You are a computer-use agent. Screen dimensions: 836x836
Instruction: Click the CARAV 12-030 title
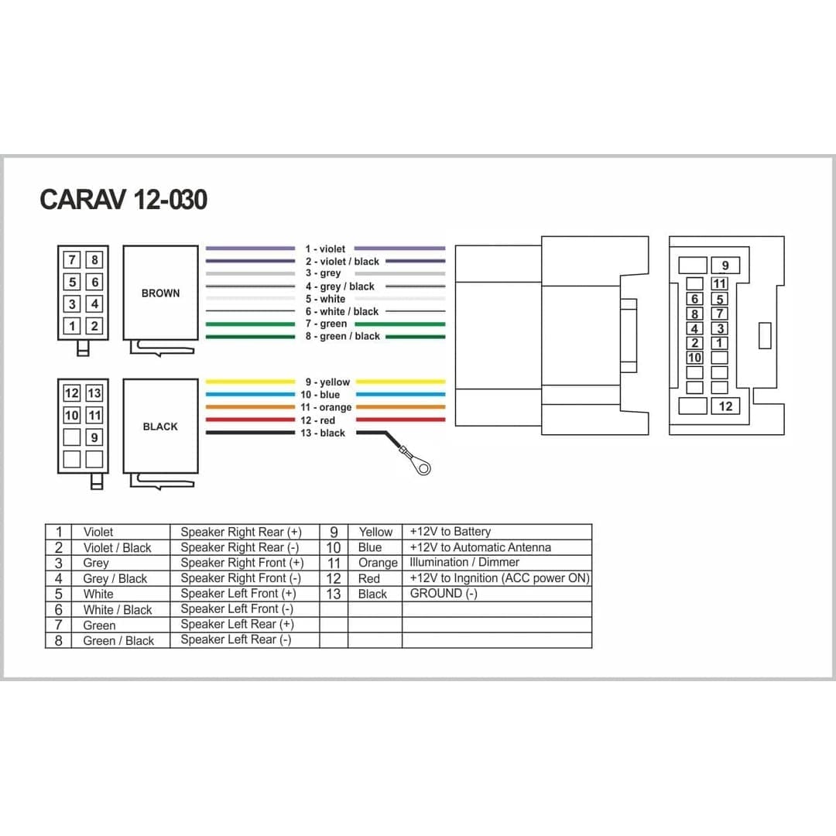tap(123, 200)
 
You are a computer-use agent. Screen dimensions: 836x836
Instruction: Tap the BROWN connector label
tap(160, 293)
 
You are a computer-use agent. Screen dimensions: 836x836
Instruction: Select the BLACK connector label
tap(160, 427)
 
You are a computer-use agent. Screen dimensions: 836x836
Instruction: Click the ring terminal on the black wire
tap(423, 467)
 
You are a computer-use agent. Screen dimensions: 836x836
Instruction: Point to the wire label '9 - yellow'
tap(327, 382)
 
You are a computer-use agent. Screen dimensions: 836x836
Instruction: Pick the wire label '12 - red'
tap(318, 420)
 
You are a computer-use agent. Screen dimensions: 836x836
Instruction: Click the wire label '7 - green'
tap(326, 324)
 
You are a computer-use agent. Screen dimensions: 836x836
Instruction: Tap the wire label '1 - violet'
tap(325, 249)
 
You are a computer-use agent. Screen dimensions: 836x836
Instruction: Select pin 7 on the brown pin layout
tap(72, 259)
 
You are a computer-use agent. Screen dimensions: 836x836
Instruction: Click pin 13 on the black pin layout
tap(94, 393)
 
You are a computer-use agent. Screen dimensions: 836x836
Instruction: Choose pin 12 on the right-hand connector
tap(725, 406)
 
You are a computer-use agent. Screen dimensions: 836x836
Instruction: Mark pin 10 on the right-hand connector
tap(694, 358)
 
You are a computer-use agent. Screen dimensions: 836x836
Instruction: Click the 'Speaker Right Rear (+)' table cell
tap(241, 532)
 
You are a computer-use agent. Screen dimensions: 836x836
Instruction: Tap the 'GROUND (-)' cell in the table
tap(444, 594)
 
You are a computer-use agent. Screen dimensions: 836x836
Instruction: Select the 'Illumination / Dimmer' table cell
tap(464, 563)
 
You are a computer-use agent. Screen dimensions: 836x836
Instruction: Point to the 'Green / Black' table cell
tap(118, 641)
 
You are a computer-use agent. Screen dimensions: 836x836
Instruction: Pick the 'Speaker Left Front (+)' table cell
tap(238, 594)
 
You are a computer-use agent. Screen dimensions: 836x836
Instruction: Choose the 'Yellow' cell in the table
tap(375, 532)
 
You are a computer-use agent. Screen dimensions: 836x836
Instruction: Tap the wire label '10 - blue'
tap(320, 395)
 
